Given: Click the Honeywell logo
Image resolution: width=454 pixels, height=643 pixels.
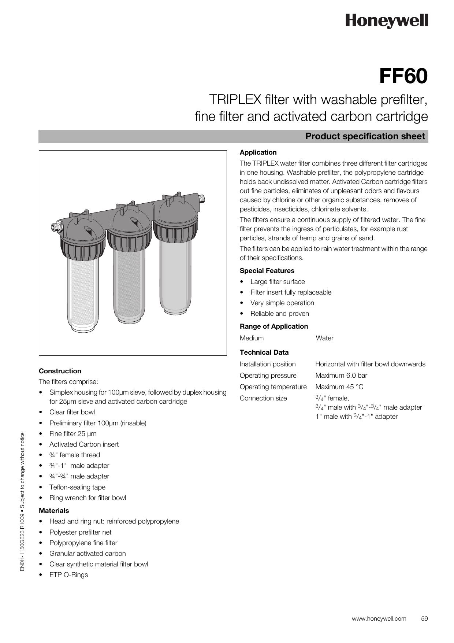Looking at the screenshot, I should coord(387,21).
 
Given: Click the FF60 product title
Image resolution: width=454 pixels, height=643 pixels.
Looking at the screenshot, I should coord(403,76).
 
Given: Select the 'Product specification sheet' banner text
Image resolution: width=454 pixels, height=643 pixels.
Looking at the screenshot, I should coord(365,136).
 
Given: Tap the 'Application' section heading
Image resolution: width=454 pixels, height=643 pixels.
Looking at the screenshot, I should coord(258,152).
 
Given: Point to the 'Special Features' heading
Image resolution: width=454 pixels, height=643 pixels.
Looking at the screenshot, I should coord(267,271).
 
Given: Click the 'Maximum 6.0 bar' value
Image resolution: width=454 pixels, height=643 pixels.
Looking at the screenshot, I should coord(341,376).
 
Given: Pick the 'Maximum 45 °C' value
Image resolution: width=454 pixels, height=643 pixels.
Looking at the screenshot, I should coord(339,387).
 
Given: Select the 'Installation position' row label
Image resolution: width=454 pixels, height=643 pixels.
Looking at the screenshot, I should coord(268,364).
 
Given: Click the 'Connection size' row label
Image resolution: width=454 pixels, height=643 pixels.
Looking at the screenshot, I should coord(263,398).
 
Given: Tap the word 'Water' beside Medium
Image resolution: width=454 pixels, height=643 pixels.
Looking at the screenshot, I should coord(324,338).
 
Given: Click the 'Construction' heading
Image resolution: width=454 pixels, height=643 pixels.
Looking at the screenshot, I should coord(60,371).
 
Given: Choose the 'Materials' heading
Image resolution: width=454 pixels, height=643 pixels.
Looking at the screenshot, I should coord(54,511).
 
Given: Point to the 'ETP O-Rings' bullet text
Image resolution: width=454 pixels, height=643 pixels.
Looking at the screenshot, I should coord(69,575).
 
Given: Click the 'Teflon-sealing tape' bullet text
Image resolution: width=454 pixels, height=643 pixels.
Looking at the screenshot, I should coord(77,487).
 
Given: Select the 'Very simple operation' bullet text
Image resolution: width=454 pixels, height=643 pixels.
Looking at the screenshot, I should coord(282,303).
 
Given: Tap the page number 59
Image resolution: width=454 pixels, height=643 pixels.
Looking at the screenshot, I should coord(424,619).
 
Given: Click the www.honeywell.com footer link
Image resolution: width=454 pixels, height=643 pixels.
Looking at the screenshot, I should coord(379,619).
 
